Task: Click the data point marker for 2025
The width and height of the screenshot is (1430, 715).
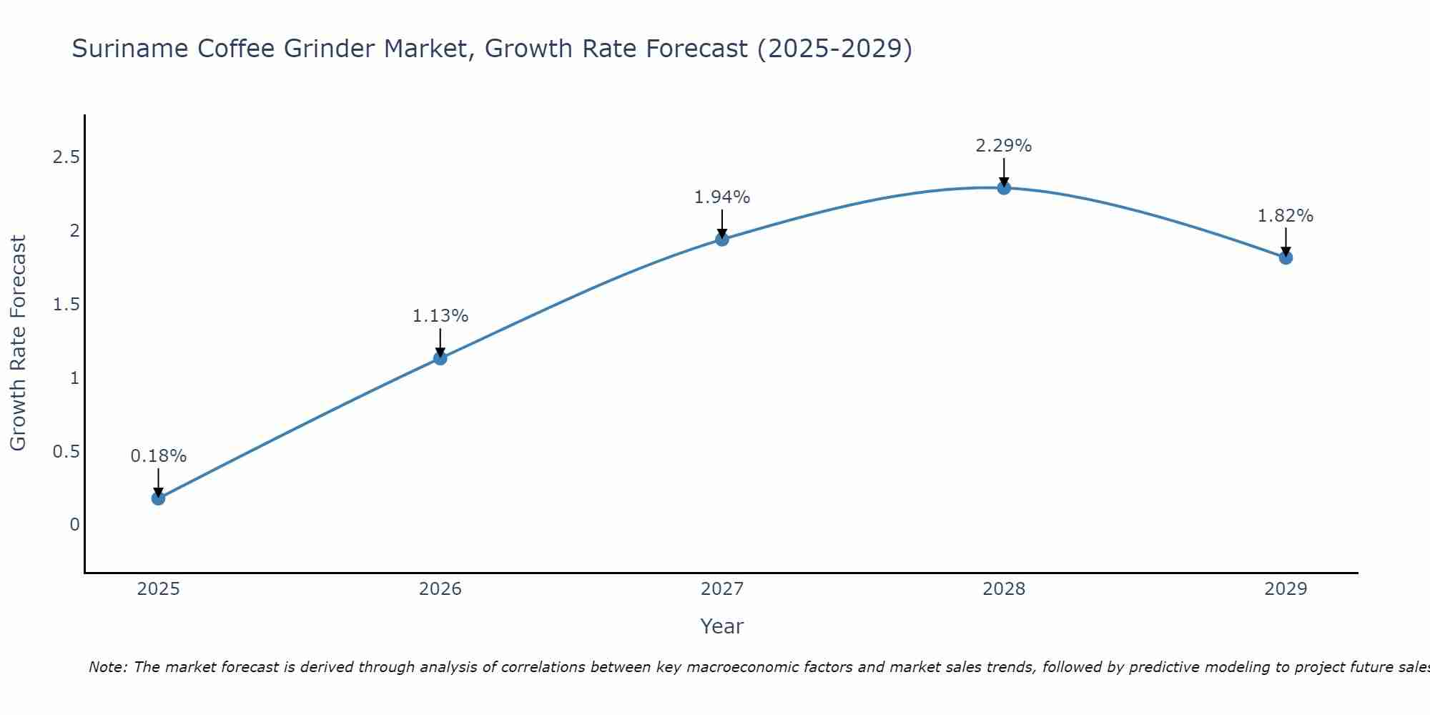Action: [159, 498]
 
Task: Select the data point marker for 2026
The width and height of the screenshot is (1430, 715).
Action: [440, 358]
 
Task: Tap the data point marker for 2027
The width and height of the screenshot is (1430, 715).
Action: [722, 240]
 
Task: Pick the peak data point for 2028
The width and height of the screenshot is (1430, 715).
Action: [1004, 188]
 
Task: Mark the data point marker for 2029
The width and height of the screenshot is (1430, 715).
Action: [1286, 257]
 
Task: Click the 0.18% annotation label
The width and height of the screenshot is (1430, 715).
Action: [159, 456]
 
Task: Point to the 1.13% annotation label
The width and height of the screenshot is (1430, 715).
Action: [440, 316]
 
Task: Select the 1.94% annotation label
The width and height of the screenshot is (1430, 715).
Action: [722, 197]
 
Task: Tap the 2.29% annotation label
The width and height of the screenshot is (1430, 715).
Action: [1004, 146]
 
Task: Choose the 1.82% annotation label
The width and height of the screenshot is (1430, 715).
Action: [1286, 216]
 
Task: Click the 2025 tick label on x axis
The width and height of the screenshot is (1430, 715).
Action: [159, 589]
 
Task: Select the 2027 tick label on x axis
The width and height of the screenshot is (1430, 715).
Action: [722, 589]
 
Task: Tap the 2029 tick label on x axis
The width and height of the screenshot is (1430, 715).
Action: [1286, 589]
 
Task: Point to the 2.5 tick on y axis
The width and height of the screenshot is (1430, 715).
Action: [66, 157]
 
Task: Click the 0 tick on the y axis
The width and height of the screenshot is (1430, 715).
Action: [74, 525]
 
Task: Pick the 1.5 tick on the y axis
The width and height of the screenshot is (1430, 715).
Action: [66, 305]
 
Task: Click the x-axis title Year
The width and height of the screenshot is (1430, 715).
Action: [722, 626]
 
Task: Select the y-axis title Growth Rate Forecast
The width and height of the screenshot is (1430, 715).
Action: [18, 343]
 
